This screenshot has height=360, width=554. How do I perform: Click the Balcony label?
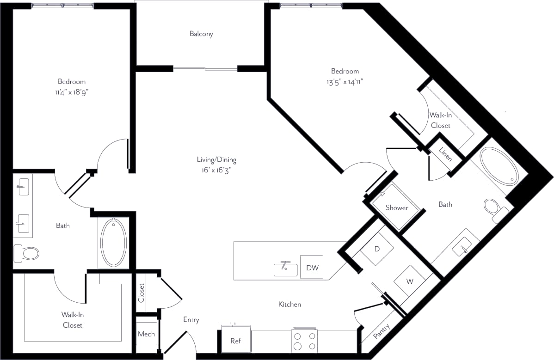[x=201, y=34]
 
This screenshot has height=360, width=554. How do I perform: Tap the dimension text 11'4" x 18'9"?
[x=71, y=92]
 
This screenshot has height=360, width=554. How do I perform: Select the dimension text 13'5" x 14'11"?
[x=345, y=82]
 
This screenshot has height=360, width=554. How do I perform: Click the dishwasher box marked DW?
[x=312, y=267]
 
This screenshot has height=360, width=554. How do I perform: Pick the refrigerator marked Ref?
[x=235, y=341]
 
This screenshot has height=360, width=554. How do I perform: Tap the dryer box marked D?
[x=377, y=249]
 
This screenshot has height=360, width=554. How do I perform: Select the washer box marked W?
[x=410, y=281]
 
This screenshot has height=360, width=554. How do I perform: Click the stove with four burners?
[x=305, y=341]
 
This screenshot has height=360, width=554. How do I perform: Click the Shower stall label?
[x=397, y=207]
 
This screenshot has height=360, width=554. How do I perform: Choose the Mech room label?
[x=147, y=334]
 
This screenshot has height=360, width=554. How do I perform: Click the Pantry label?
[x=382, y=332]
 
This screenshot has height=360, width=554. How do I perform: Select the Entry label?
[x=191, y=320]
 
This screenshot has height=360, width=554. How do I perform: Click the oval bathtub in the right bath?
[x=499, y=165]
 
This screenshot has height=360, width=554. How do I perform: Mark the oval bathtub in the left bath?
[x=113, y=242]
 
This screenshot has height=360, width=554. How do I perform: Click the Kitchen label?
[x=289, y=304]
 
